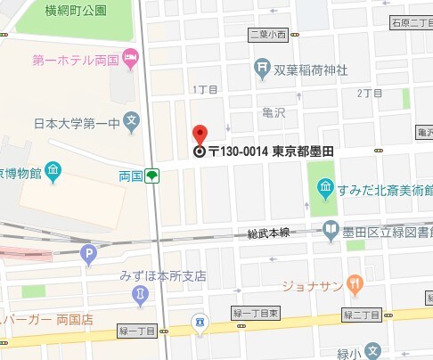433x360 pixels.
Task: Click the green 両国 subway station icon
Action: (153, 176)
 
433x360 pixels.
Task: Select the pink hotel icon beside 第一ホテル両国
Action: (132, 60)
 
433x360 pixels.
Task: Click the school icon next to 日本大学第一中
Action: (132, 119)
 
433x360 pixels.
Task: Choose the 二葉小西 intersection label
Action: (268, 35)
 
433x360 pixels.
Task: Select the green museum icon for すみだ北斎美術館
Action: (326, 187)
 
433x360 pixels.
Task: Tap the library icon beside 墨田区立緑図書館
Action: (331, 229)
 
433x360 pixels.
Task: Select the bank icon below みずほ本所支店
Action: (140, 294)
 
